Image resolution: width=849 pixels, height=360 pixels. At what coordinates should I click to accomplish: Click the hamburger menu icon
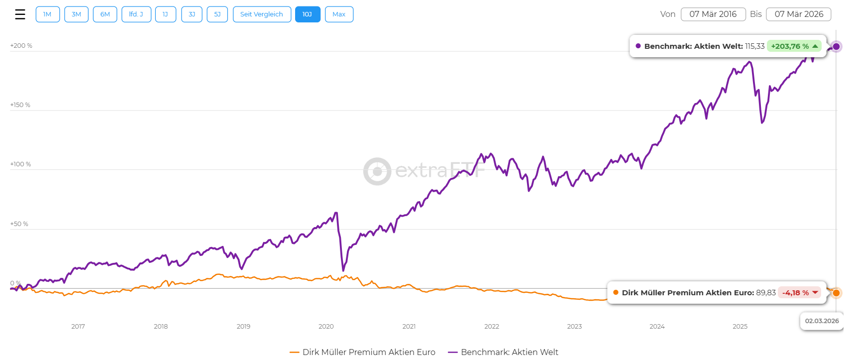point(20,14)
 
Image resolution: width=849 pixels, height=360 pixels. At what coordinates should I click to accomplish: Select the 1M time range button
point(47,14)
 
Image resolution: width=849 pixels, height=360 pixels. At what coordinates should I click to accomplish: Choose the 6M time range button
point(105,14)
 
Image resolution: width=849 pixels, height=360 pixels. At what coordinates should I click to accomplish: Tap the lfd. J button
point(136,14)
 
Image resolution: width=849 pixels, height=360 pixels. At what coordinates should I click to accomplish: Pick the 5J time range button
point(217,14)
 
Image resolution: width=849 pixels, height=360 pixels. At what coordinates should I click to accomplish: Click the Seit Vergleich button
point(261,14)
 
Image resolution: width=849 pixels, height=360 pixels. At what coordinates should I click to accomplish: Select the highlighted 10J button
point(307,14)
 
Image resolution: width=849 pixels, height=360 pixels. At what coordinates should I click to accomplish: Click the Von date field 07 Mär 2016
point(713,14)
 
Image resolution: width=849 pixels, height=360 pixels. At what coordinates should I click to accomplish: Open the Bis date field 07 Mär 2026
point(798,14)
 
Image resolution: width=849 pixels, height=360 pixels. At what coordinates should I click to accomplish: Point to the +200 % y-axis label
point(21,46)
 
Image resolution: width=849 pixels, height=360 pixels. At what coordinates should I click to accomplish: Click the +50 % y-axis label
point(19,224)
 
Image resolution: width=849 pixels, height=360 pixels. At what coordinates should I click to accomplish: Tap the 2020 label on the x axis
point(326,327)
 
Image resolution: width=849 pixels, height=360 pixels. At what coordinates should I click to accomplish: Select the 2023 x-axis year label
point(574,327)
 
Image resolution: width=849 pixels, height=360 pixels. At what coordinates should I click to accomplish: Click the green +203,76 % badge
point(794,46)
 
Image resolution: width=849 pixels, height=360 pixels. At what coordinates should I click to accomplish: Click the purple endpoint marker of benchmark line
point(837,47)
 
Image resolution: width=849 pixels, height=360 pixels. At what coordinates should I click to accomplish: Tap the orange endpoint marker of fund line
point(837,293)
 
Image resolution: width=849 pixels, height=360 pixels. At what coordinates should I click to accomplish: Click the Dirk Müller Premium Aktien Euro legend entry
point(362,352)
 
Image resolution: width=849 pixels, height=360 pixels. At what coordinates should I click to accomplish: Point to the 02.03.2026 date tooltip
point(822,321)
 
